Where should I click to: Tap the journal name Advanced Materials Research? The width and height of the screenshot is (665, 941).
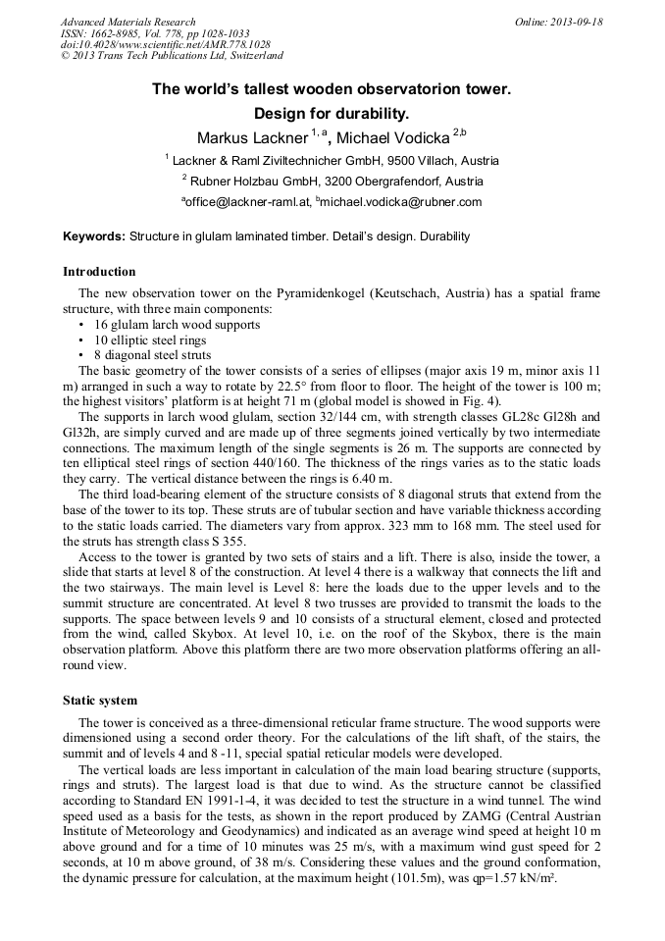coord(128,22)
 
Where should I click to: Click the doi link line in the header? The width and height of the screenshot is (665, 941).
coord(165,45)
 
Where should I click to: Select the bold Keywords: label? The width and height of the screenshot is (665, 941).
coord(94,236)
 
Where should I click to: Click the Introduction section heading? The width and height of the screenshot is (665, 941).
coord(99,272)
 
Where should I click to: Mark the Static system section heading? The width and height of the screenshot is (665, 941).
coord(100,701)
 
